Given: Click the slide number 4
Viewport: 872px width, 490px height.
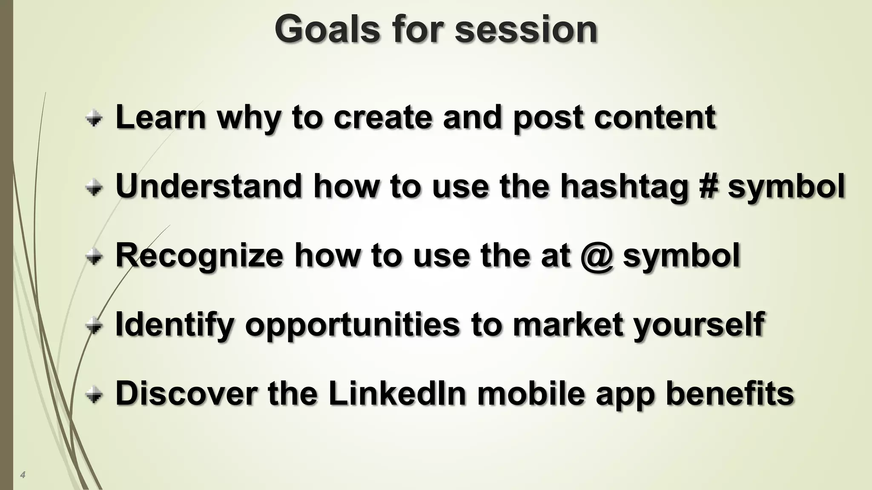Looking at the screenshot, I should tap(23, 475).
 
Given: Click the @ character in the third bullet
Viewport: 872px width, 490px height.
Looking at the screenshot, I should tap(597, 255).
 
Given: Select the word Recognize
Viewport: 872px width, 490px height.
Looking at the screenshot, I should tap(199, 255).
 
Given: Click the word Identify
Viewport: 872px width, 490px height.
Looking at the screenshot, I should tap(175, 324).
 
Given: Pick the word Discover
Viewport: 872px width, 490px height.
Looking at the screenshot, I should tap(186, 393).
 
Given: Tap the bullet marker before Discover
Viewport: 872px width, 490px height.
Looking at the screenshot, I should tap(94, 395).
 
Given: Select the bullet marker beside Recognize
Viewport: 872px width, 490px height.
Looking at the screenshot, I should tap(94, 256).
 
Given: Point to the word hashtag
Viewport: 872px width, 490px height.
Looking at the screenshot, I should tap(624, 187).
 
